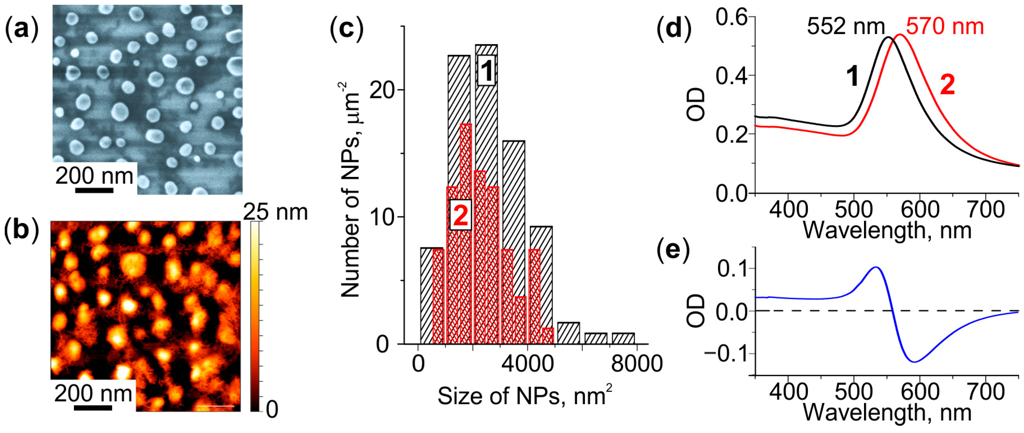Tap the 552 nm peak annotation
845,27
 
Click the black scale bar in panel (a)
94,190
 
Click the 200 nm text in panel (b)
93,394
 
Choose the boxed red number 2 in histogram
460,215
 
